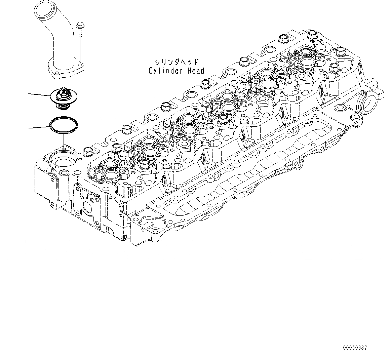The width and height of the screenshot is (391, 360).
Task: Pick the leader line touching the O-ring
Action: point(39,127)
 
